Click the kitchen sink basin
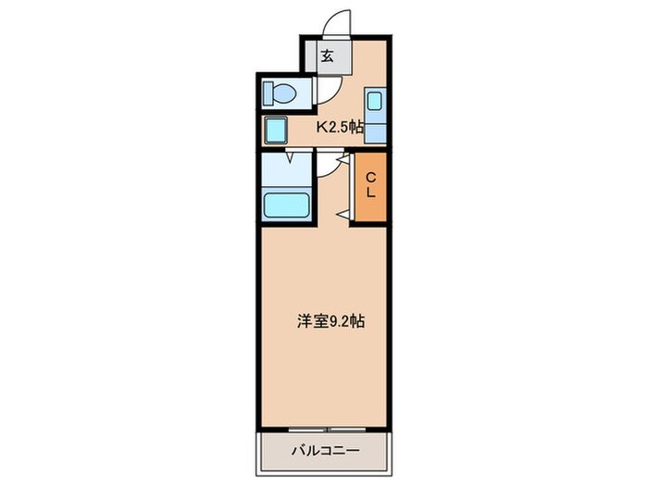coord(376,101)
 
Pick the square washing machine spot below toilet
coord(276,129)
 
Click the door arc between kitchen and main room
coord(329,163)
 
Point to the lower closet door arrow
coord(342,215)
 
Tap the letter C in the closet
coord(369,178)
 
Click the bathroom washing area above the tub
coord(287,168)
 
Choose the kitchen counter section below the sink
coord(376,130)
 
